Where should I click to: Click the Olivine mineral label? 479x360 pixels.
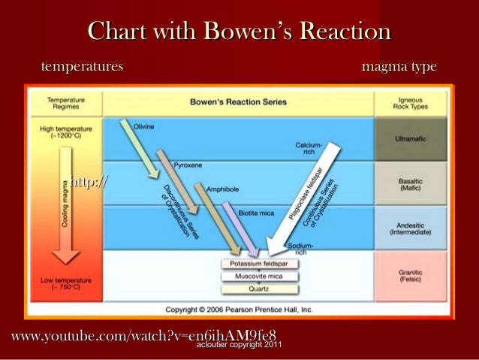pyautogui.click(x=144, y=127)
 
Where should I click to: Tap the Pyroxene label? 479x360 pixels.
pyautogui.click(x=186, y=163)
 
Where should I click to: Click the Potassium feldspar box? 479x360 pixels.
pyautogui.click(x=259, y=265)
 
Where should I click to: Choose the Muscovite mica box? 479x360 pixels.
pyautogui.click(x=259, y=277)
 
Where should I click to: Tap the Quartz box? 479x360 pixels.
pyautogui.click(x=259, y=289)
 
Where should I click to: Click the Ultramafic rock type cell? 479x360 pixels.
pyautogui.click(x=411, y=140)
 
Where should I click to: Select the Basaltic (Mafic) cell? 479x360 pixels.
pyautogui.click(x=411, y=184)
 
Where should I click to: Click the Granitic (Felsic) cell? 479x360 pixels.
pyautogui.click(x=411, y=275)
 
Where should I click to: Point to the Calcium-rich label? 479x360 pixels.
pyautogui.click(x=309, y=147)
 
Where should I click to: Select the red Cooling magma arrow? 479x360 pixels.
pyautogui.click(x=65, y=203)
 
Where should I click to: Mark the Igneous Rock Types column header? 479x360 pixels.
pyautogui.click(x=411, y=103)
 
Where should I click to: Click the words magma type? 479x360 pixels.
pyautogui.click(x=399, y=68)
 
